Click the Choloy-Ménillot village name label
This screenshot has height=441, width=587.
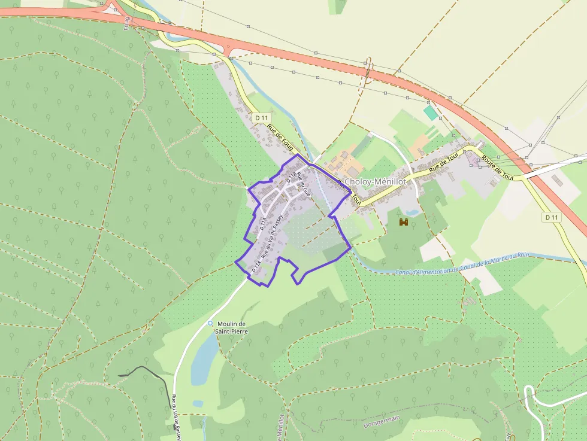376,181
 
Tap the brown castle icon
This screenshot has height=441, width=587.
404,222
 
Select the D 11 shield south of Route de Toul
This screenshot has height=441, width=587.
552,217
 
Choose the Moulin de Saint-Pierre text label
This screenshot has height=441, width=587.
233,327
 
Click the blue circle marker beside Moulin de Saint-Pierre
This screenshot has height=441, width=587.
210,323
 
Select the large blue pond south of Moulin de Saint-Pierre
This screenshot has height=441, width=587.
204,359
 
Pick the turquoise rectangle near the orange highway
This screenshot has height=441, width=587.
430,112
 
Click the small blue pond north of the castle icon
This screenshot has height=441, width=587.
411,212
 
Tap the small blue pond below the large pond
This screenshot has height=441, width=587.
198,403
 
